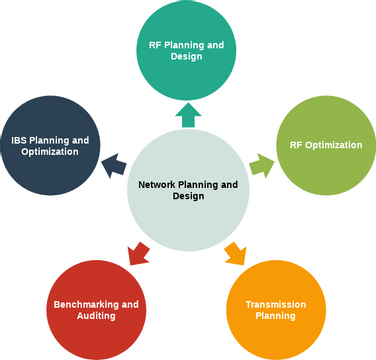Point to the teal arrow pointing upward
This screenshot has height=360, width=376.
(187, 115)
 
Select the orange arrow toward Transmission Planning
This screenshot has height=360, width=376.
(234, 252)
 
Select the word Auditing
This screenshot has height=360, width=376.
(96, 315)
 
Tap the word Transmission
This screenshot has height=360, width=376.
(274, 303)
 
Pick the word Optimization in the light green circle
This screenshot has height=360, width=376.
(334, 145)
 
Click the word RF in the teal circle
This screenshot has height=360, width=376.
(155, 44)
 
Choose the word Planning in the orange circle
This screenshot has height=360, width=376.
(274, 315)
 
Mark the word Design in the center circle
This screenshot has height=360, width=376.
(187, 196)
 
